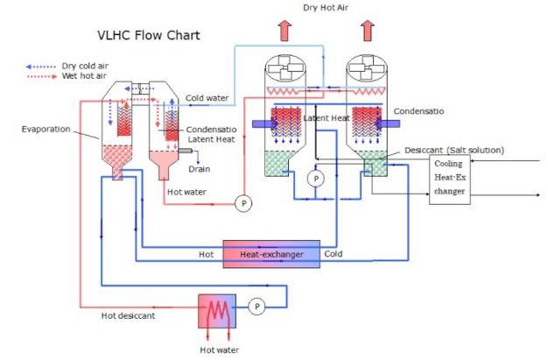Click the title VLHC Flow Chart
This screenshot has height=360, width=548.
pyautogui.click(x=148, y=36)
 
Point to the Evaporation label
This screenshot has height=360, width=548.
pyautogui.click(x=46, y=129)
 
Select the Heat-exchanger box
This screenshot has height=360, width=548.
pyautogui.click(x=271, y=254)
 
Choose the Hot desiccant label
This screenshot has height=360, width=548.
pyautogui.click(x=130, y=316)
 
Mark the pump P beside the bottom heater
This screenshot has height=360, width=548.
pyautogui.click(x=256, y=307)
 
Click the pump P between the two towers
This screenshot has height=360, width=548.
pyautogui.click(x=317, y=178)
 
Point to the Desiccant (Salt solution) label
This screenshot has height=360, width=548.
pyautogui.click(x=454, y=151)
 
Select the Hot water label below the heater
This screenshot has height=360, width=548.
pyautogui.click(x=219, y=349)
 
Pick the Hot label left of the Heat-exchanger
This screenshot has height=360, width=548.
pyautogui.click(x=207, y=254)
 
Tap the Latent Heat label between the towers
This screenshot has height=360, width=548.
pyautogui.click(x=327, y=117)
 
